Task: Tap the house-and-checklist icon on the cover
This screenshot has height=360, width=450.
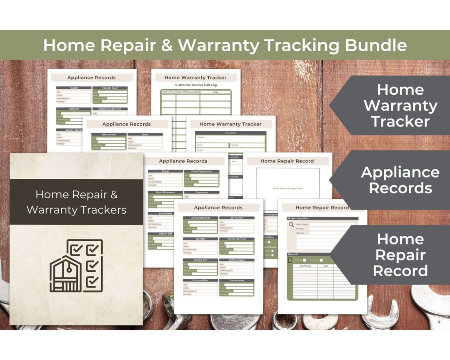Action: tap(76, 265)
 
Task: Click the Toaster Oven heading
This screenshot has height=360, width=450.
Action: tap(110, 88)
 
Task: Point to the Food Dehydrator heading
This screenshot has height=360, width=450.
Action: tap(202, 171)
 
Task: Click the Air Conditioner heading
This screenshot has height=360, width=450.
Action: tap(200, 218)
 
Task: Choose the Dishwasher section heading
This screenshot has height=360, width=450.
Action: tap(236, 280)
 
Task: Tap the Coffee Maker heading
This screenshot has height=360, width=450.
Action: tap(236, 260)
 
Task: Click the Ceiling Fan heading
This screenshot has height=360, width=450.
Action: tap(200, 260)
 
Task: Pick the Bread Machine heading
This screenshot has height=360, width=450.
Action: tap(236, 239)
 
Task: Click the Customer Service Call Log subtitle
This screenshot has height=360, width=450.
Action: tap(196, 85)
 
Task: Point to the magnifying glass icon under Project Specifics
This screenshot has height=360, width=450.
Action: tap(291, 225)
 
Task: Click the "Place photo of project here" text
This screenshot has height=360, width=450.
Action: tap(287, 188)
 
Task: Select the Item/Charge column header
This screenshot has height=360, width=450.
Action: tap(305, 266)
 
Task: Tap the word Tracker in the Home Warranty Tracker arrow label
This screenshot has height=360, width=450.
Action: tap(400, 122)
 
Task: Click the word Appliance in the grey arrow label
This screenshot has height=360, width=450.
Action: tap(400, 172)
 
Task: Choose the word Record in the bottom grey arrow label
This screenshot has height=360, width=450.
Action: tap(400, 271)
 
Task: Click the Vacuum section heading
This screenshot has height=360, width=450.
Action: tap(74, 109)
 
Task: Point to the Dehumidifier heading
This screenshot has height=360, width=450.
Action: tap(200, 280)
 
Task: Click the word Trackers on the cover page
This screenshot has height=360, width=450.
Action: tap(99, 210)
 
